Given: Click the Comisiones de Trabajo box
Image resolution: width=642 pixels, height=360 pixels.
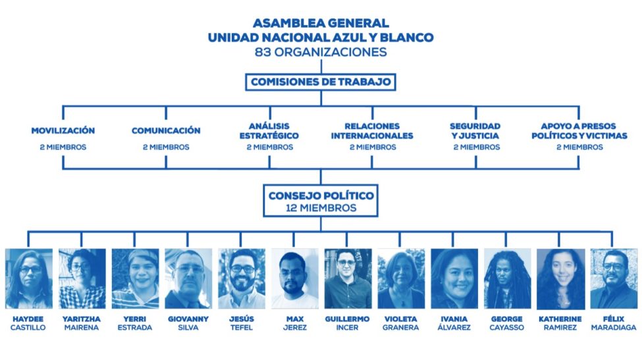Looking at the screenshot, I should (321, 82).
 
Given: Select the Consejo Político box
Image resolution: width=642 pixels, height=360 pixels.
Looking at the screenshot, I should (321, 201).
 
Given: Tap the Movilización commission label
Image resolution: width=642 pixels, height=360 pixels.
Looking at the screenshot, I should (63, 130).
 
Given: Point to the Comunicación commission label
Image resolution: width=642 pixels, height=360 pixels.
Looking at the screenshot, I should (166, 130).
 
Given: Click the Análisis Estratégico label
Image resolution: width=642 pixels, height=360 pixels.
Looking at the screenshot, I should (269, 130).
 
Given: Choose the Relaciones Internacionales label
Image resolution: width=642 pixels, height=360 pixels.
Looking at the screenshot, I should (373, 130).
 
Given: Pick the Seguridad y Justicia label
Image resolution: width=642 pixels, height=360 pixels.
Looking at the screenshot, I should (475, 130).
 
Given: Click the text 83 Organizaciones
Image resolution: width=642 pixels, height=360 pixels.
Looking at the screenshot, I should (321, 51).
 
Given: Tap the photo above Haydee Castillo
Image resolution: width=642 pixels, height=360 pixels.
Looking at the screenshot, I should (28, 278).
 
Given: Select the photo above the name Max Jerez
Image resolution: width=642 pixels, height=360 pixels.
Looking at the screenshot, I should (295, 278).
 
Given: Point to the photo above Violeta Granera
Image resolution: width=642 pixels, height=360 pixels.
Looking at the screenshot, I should (401, 278).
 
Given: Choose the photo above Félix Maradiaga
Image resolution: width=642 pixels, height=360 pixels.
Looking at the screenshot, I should (614, 278).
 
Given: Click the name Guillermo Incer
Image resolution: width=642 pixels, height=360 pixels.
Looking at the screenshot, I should (348, 323).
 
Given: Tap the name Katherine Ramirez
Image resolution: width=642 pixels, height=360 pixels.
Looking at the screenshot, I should (560, 323).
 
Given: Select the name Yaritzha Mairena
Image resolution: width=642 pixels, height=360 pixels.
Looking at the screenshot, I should (82, 323).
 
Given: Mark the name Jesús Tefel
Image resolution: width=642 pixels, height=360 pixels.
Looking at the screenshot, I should (242, 323).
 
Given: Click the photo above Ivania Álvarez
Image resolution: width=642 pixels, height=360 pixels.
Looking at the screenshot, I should (454, 278).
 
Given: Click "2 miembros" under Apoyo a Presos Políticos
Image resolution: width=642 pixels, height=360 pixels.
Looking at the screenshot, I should (579, 147).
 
